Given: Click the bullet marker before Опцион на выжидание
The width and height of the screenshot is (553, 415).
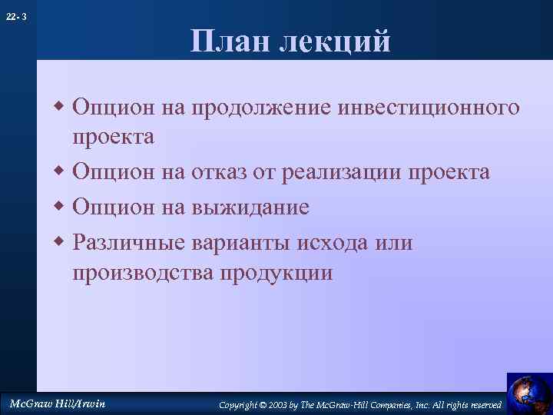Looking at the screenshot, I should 61,207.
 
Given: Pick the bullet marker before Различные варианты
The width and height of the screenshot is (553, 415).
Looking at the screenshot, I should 61,244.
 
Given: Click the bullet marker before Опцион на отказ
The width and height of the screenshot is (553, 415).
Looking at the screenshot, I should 61,172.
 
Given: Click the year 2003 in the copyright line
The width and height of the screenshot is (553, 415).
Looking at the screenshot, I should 288,404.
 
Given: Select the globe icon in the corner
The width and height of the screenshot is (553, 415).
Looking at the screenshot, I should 529,393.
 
